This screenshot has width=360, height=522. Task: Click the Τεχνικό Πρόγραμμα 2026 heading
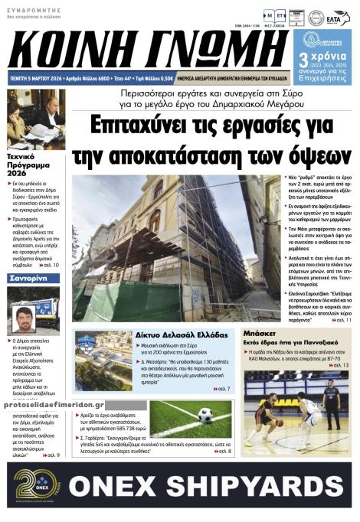tap(28, 163)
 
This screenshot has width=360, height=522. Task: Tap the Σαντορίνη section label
tap(29, 281)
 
